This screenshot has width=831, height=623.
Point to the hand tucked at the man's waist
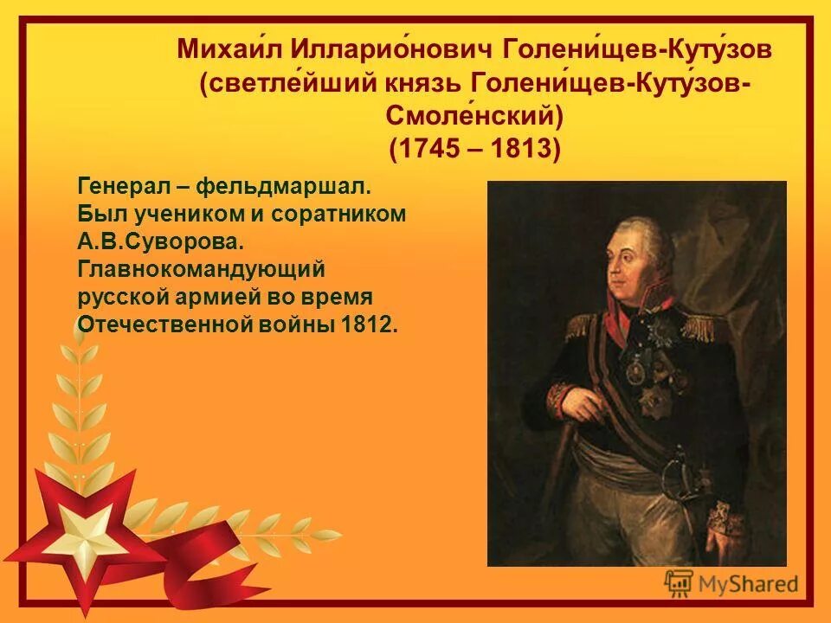click(x=578, y=402)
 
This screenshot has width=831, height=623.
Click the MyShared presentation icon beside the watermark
click(x=678, y=583)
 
